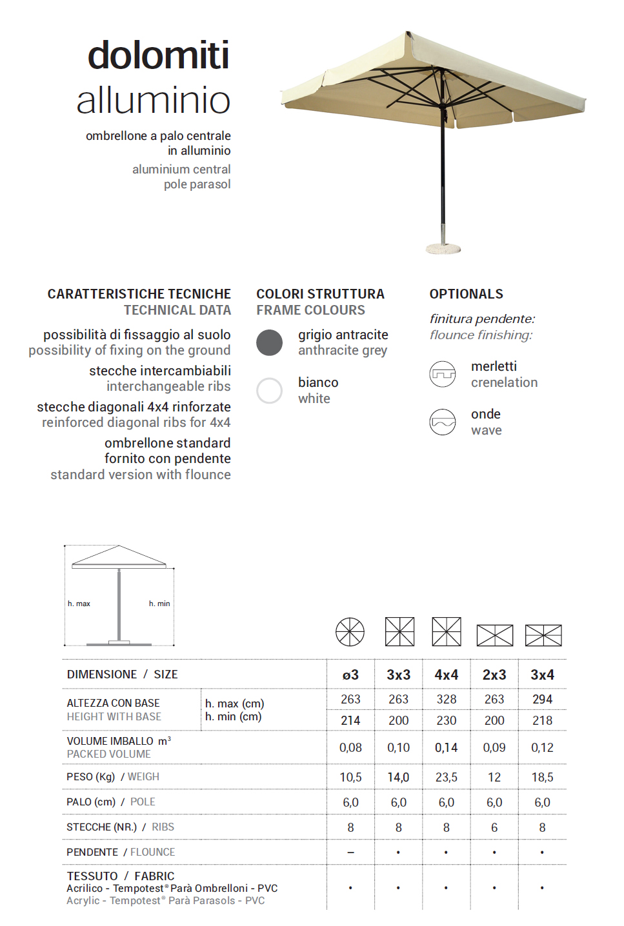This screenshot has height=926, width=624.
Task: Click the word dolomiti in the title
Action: [x=158, y=55]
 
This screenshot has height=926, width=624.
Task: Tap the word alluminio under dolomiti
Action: [x=154, y=101]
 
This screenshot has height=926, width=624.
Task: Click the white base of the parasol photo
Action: [x=443, y=248]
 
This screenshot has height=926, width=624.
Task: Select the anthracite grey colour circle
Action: [x=269, y=342]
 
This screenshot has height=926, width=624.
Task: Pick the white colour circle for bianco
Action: [x=269, y=391]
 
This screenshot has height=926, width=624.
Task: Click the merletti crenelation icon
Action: [x=443, y=374]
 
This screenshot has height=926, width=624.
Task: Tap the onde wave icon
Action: [x=443, y=422]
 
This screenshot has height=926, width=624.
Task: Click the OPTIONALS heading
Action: [x=466, y=294]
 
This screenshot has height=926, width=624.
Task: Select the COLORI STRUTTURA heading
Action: [x=320, y=294]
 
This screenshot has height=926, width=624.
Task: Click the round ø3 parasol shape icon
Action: [x=350, y=632]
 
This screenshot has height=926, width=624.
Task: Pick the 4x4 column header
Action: [x=446, y=675]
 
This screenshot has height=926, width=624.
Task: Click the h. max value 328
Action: [x=446, y=699]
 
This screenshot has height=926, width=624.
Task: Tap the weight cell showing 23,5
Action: [x=446, y=777]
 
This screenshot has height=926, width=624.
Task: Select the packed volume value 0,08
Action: [x=350, y=747]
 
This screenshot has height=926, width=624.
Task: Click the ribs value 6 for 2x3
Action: [x=494, y=827]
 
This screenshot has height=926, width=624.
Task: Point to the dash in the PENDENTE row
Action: [x=350, y=852]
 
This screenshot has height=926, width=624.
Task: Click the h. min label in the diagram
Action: [x=159, y=604]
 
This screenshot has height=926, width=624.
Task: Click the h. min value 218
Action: [x=542, y=720]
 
